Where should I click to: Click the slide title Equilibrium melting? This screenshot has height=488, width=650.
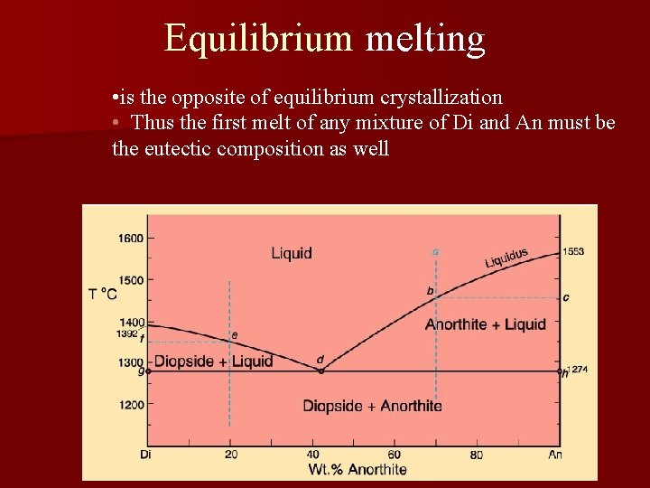(x=325, y=38)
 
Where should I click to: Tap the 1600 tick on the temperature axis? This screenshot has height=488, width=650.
(x=130, y=239)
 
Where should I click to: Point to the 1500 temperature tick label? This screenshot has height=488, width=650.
(x=130, y=280)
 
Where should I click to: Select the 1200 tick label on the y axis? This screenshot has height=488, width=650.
(x=130, y=405)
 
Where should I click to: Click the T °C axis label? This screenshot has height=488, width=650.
(x=103, y=294)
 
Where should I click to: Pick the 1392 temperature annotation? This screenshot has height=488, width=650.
(x=126, y=333)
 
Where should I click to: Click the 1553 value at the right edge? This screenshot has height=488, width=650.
(x=573, y=251)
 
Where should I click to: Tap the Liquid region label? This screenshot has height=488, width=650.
(x=292, y=253)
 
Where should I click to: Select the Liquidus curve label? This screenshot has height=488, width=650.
(x=506, y=258)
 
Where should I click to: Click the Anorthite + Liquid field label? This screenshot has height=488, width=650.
(x=486, y=324)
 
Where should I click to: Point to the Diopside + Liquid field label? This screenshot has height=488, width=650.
(x=213, y=361)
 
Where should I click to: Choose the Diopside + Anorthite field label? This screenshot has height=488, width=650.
(x=372, y=406)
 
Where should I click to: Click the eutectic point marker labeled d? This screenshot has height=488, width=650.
(x=320, y=371)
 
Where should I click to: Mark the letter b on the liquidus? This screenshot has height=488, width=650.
(x=431, y=291)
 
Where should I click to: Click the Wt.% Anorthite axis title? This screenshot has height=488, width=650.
(x=357, y=468)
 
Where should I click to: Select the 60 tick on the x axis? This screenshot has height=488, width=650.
(x=395, y=454)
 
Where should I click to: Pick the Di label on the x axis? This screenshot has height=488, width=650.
(x=145, y=454)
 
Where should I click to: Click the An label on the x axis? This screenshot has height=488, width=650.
(x=555, y=454)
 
